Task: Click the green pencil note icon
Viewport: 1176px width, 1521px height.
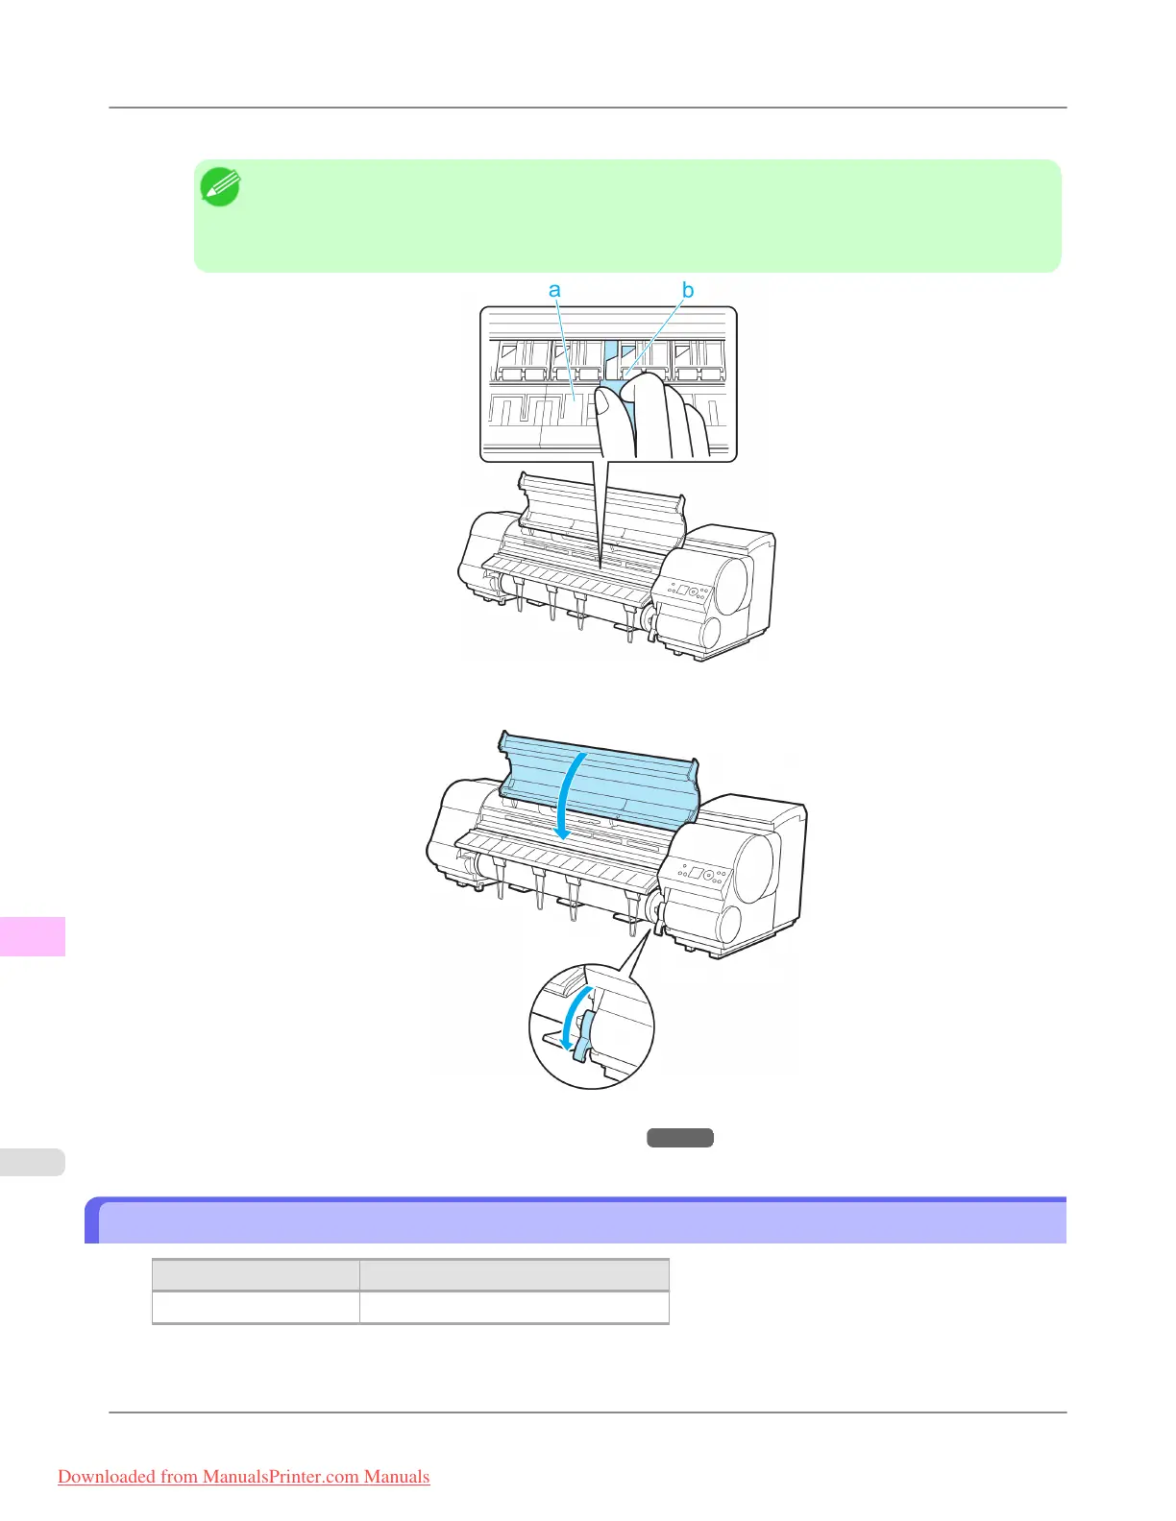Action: tap(220, 187)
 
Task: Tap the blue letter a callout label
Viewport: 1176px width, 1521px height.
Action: tap(554, 290)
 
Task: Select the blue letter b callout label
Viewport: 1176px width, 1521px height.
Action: tap(688, 290)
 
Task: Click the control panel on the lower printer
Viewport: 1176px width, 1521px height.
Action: tap(703, 875)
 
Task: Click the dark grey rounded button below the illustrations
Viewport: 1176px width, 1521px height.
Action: tap(679, 1138)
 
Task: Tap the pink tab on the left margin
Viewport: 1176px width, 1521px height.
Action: tap(33, 936)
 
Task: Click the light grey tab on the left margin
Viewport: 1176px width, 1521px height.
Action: tap(33, 1162)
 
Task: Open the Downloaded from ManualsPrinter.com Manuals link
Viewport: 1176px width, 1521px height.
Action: tap(243, 1477)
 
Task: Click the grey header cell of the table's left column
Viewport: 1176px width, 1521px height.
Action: tap(256, 1275)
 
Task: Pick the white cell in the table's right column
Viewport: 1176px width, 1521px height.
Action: tap(514, 1307)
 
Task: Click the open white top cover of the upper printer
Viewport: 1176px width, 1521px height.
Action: tap(600, 504)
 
